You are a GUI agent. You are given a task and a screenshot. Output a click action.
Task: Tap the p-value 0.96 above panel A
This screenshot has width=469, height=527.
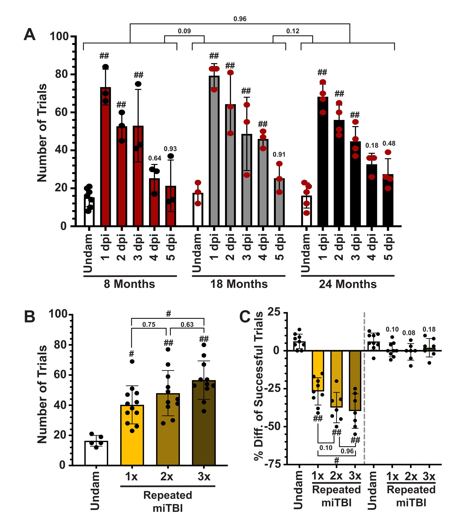coord(240,19)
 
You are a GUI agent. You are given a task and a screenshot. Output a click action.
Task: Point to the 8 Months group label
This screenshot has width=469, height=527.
coord(129,284)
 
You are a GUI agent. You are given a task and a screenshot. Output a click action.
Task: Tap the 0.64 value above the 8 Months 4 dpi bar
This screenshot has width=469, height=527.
coord(154,158)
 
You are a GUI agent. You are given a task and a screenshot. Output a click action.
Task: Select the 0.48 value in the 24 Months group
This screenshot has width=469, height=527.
coord(389,143)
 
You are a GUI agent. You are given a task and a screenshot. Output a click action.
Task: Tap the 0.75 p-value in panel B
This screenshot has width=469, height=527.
coord(149,324)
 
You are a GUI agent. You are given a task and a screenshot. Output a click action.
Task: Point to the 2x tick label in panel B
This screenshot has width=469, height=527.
coord(167,477)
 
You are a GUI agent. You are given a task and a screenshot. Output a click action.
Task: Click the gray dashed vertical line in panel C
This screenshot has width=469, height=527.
coord(364,387)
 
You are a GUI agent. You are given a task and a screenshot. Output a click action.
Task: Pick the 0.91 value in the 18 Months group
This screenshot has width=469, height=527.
coord(279,155)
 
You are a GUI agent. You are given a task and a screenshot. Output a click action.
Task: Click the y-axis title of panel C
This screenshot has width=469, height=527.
coord(259,387)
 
